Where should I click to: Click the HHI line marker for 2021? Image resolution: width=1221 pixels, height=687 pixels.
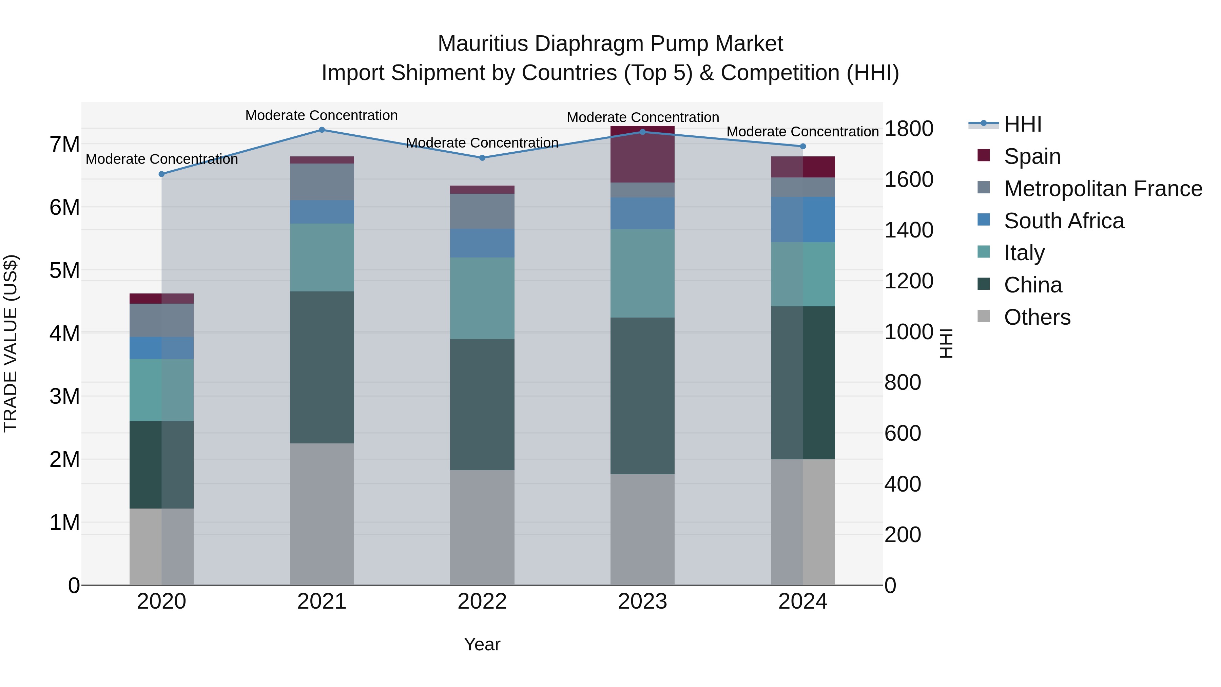322,130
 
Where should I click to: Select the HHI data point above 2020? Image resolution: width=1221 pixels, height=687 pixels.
162,174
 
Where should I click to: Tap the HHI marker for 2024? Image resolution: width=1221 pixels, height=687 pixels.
803,147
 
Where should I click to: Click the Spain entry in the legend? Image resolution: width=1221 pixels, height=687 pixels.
1032,156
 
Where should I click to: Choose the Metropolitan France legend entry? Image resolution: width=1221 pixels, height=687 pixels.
1103,189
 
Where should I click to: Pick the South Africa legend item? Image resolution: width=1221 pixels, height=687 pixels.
1064,221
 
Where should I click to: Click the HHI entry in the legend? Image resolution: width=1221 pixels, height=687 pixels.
1022,124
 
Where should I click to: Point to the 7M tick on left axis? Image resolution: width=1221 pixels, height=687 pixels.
64,144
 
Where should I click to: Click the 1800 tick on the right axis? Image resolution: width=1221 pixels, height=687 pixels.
909,129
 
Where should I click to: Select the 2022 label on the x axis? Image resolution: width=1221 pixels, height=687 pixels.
482,602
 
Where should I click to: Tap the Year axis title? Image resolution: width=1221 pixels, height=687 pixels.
482,644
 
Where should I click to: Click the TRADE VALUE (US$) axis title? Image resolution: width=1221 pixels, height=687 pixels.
11,343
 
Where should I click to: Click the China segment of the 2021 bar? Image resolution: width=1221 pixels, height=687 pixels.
322,367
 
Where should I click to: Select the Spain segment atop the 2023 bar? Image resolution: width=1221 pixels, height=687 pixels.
642,154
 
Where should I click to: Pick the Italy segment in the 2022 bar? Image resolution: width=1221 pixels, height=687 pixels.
482,298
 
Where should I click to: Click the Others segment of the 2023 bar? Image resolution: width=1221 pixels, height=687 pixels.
642,530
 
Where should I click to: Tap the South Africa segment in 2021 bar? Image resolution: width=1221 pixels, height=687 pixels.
322,212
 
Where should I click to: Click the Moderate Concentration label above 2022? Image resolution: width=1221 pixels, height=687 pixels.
482,143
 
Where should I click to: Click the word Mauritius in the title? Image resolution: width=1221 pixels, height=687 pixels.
483,44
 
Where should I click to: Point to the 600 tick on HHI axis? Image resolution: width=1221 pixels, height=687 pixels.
903,433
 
